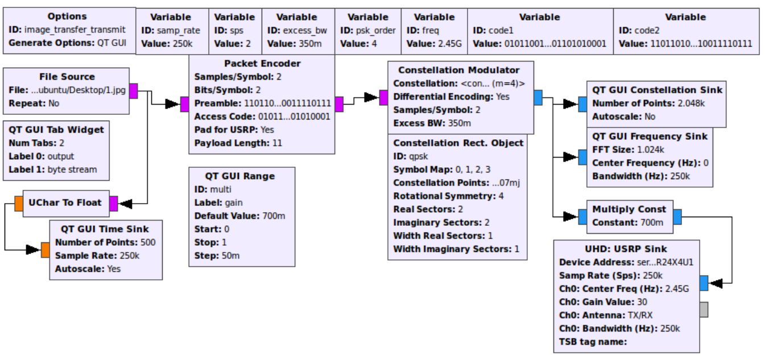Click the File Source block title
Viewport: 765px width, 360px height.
coord(67,76)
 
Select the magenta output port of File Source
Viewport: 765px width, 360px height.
coord(133,90)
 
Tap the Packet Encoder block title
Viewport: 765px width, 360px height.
coord(262,63)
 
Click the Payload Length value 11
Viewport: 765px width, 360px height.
coord(276,143)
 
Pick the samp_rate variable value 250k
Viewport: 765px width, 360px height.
coord(182,43)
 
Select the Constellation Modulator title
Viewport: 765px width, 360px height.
coord(458,70)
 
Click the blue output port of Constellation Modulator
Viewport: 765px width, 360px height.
coord(537,97)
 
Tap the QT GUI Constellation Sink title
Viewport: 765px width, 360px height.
coord(657,90)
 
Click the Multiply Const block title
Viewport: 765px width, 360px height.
coord(625,209)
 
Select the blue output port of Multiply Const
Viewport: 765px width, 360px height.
coord(677,217)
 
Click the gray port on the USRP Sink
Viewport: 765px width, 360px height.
coord(704,309)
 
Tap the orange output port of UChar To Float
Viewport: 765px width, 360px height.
coord(19,203)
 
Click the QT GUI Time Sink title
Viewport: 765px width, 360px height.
coord(105,229)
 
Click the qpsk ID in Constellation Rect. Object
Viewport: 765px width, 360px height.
coord(419,156)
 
